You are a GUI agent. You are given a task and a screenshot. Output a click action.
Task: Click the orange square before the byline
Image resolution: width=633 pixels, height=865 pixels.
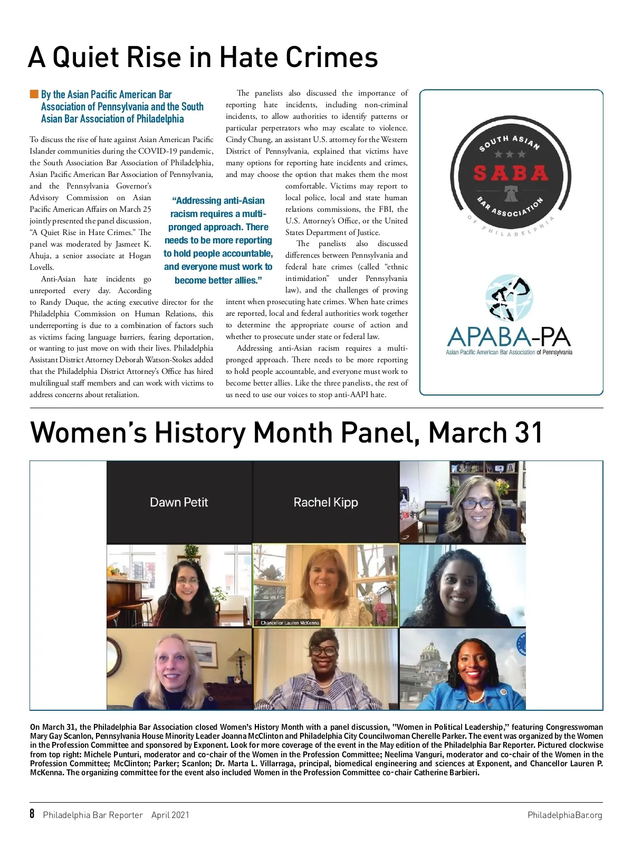(34, 95)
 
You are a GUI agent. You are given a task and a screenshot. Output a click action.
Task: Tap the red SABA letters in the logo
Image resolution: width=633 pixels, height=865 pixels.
(511, 173)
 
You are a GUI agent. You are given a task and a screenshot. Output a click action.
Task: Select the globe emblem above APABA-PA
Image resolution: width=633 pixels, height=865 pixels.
(509, 299)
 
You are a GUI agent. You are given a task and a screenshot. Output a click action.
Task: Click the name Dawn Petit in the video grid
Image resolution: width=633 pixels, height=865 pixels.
(179, 502)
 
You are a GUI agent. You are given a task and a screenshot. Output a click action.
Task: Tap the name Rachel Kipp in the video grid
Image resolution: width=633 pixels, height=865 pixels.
(325, 502)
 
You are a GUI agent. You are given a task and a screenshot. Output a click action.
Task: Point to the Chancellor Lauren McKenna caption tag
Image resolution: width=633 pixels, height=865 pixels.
(289, 623)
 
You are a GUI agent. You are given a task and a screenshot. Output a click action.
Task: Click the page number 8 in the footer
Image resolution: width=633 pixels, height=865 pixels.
(32, 814)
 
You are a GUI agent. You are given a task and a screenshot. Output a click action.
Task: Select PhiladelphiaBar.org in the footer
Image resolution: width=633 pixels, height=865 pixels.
(564, 815)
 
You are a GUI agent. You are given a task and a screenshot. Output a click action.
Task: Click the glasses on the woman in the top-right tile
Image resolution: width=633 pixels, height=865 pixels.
(477, 504)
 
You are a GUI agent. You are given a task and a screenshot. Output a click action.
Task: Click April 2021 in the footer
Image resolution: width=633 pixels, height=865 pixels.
(170, 815)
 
